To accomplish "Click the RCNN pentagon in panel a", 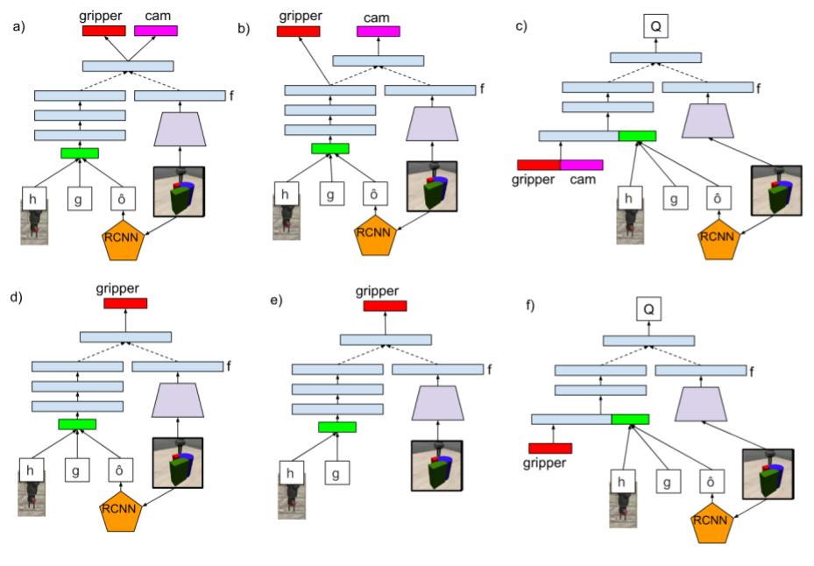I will [124, 239].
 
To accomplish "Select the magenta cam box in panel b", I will [379, 32].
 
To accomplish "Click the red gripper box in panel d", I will [125, 303].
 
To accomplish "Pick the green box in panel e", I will [337, 427].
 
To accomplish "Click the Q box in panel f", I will [649, 308].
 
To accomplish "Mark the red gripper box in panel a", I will [104, 31].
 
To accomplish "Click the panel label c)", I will [521, 26].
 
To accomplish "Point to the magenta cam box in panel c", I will [581, 164].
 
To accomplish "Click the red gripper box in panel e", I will [385, 306].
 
